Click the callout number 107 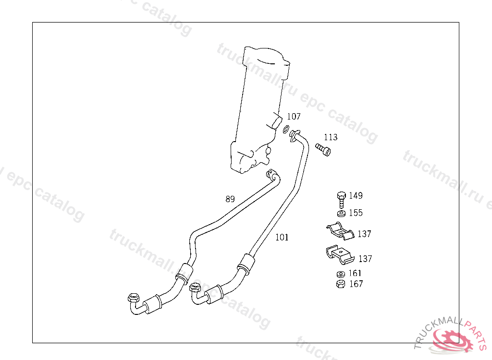(294, 117)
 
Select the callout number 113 (330, 137)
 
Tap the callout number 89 (230, 199)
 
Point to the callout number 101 (282, 237)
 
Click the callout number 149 (356, 196)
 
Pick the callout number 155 (356, 213)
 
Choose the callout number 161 (356, 274)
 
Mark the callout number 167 (356, 284)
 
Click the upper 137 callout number (364, 234)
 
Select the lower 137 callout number (365, 259)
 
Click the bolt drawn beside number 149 (341, 198)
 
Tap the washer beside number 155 (341, 213)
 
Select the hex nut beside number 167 (341, 284)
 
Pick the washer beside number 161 (341, 274)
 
